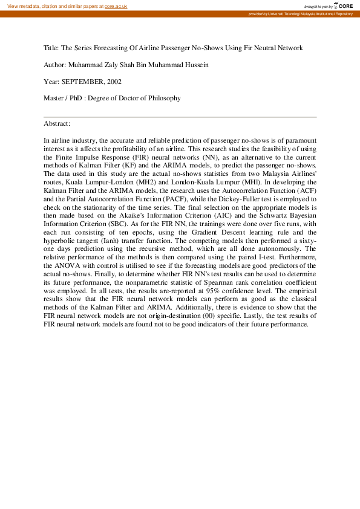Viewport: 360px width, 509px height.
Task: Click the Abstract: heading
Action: pos(57,123)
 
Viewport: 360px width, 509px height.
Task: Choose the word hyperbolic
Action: pos(62,241)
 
